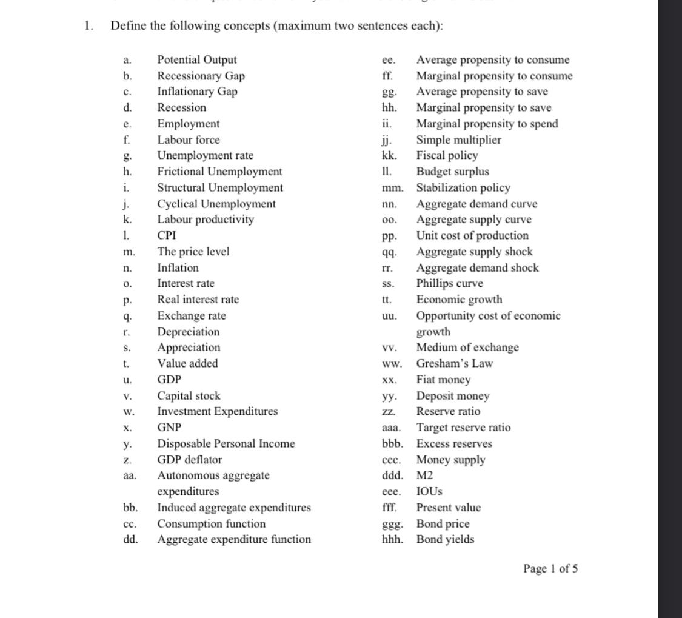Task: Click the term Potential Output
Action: click(x=197, y=60)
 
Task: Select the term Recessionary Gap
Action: click(x=201, y=76)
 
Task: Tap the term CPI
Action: click(x=167, y=235)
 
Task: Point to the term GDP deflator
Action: click(x=190, y=460)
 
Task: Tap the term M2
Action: click(x=424, y=475)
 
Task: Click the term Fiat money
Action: click(x=443, y=380)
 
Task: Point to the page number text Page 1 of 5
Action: click(x=550, y=568)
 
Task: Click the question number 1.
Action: click(x=89, y=25)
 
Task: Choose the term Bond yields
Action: click(x=445, y=539)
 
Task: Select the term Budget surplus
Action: click(x=452, y=172)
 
